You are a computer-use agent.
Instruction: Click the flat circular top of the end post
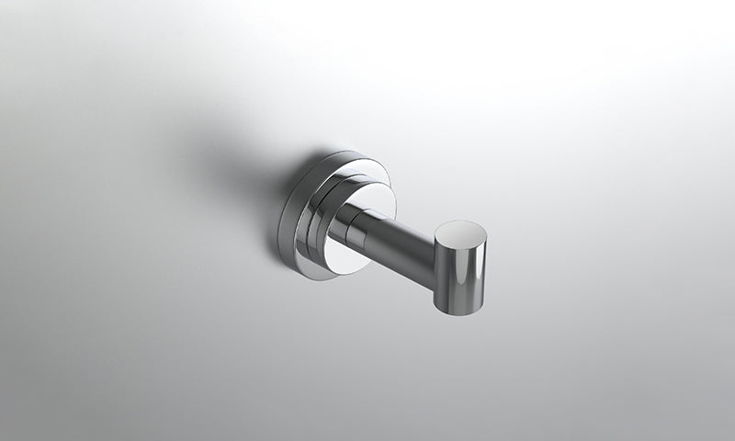coord(460,234)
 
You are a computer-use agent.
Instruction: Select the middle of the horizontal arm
coord(395,243)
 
